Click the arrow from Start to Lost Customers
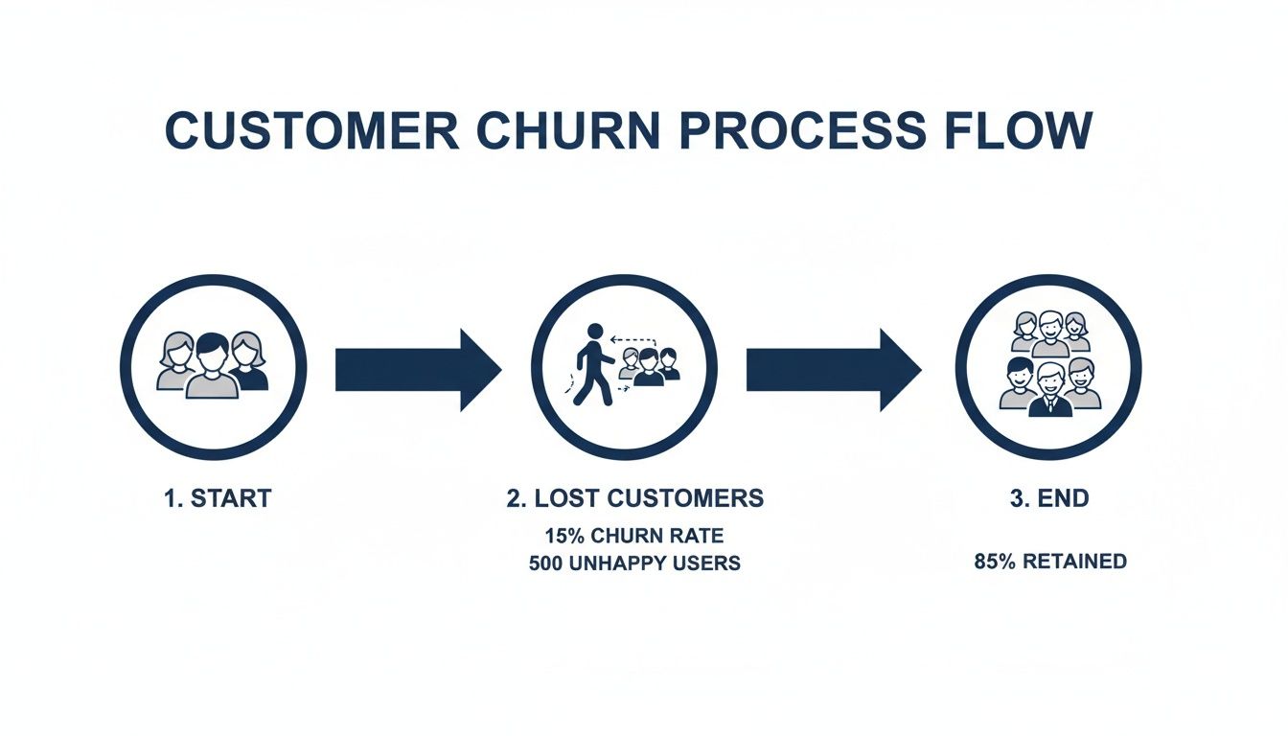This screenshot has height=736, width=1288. click(x=417, y=370)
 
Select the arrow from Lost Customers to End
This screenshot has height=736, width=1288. click(x=832, y=370)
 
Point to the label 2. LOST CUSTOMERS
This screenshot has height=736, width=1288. click(x=634, y=498)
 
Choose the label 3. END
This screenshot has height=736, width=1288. click(x=1049, y=498)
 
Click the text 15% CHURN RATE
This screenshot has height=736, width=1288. click(x=634, y=536)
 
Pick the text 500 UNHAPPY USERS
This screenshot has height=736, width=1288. click(x=634, y=563)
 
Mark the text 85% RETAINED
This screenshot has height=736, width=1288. click(x=1049, y=562)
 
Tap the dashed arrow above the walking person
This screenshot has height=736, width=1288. click(x=633, y=338)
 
